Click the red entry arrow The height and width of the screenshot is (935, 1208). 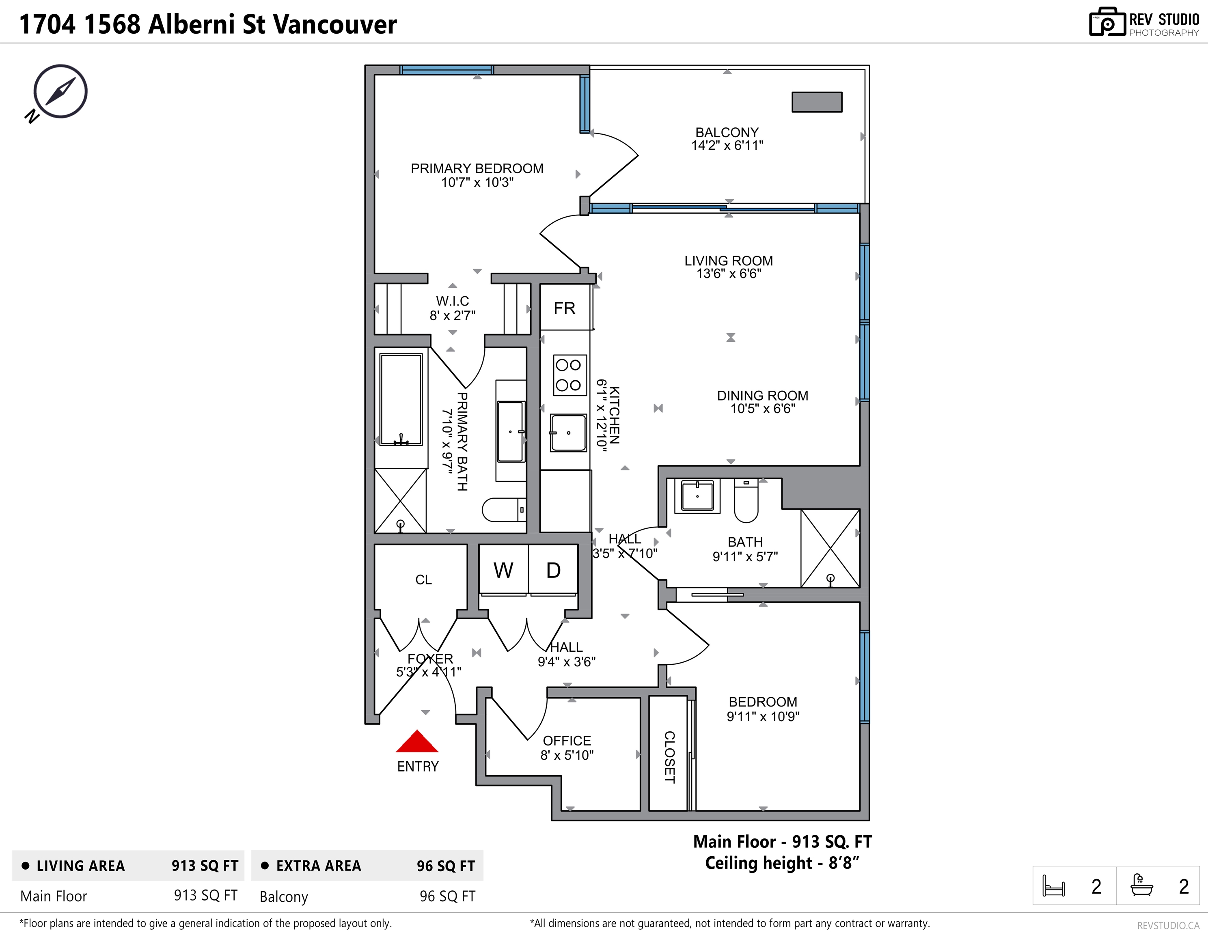pyautogui.click(x=417, y=741)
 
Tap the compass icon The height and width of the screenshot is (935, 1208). pyautogui.click(x=60, y=92)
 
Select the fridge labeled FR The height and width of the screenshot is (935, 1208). pyautogui.click(x=565, y=308)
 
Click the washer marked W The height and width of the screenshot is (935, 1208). pyautogui.click(x=503, y=569)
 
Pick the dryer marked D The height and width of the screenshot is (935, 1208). pyautogui.click(x=553, y=569)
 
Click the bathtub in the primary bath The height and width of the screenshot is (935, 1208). pyautogui.click(x=401, y=399)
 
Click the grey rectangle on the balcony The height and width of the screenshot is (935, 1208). pyautogui.click(x=817, y=102)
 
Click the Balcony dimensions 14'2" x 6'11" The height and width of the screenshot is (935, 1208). pyautogui.click(x=727, y=145)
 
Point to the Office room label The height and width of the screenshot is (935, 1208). pyautogui.click(x=567, y=740)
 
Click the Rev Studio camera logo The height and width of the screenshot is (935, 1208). pyautogui.click(x=1107, y=22)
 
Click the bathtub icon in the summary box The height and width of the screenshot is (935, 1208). pyautogui.click(x=1141, y=885)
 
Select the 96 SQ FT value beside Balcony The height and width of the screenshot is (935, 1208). pyautogui.click(x=447, y=896)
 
